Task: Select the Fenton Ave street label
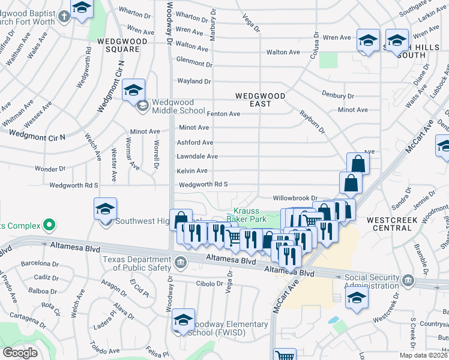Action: point(223,113)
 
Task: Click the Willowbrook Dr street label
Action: point(295,197)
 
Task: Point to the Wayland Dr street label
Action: point(194,81)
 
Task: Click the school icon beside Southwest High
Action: point(105,210)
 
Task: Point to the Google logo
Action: point(20,353)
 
